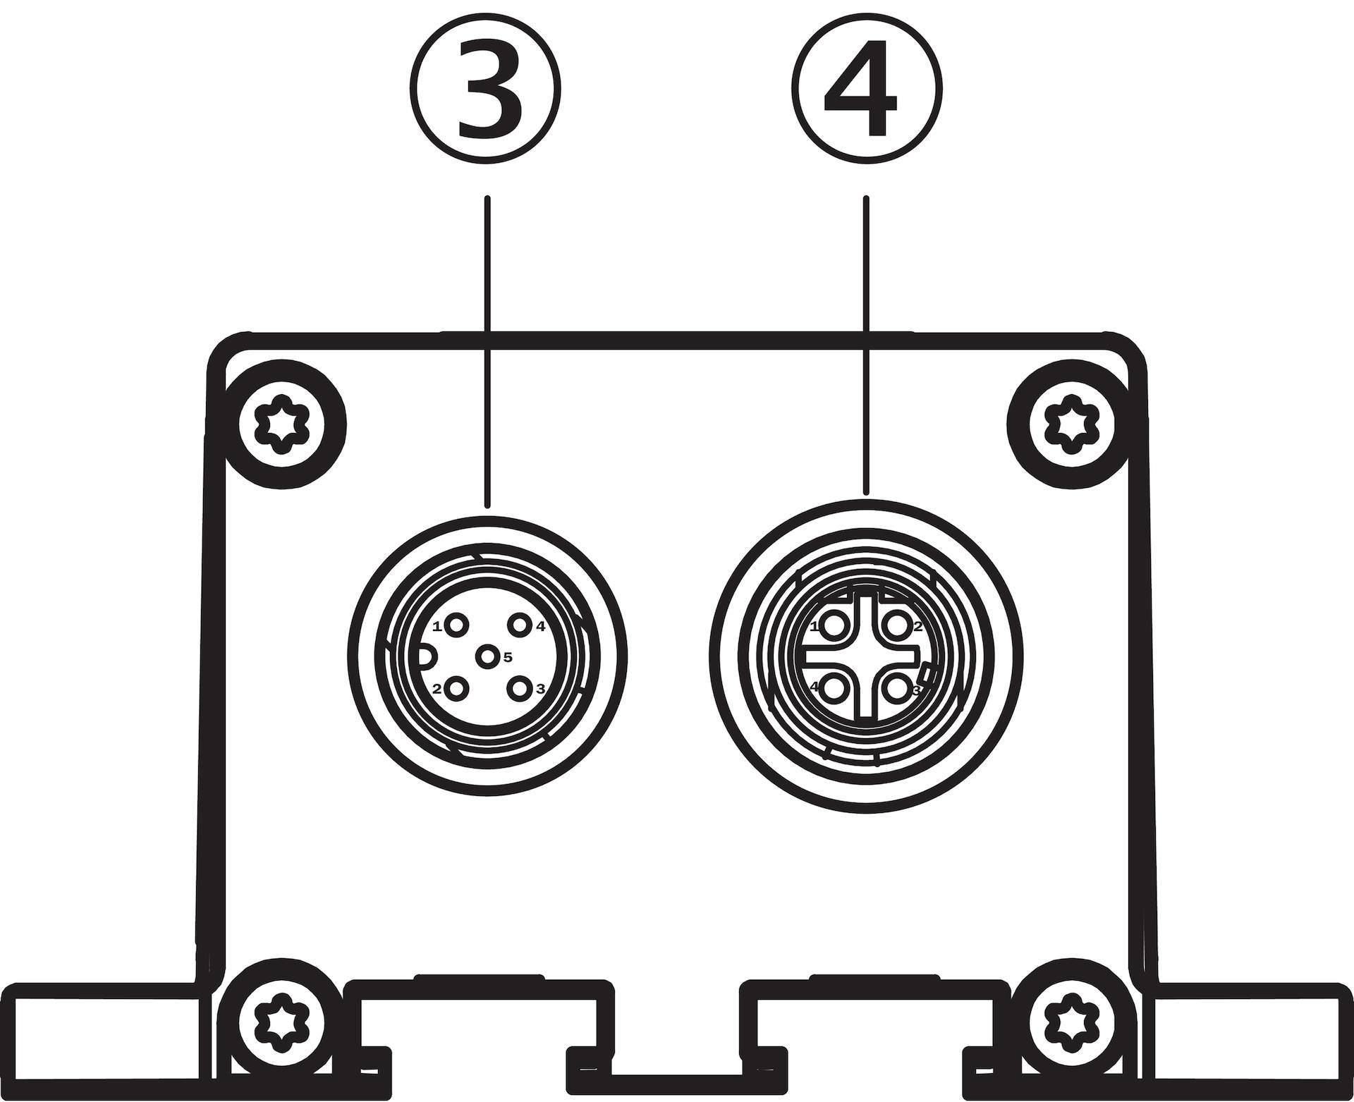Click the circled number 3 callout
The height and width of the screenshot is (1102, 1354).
(486, 89)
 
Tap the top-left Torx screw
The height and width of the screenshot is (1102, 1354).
(282, 424)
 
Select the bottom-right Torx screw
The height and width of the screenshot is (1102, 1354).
(1071, 1019)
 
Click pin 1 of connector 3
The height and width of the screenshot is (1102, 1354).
(458, 625)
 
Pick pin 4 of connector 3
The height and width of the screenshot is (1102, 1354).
(520, 625)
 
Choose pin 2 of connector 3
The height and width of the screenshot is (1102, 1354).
(458, 687)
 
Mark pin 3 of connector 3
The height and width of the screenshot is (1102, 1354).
(520, 687)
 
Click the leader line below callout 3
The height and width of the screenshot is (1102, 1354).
(487, 351)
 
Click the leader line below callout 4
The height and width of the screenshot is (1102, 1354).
(867, 345)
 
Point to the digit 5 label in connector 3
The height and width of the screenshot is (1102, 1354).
(507, 657)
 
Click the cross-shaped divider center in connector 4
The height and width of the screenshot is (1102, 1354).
(866, 656)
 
